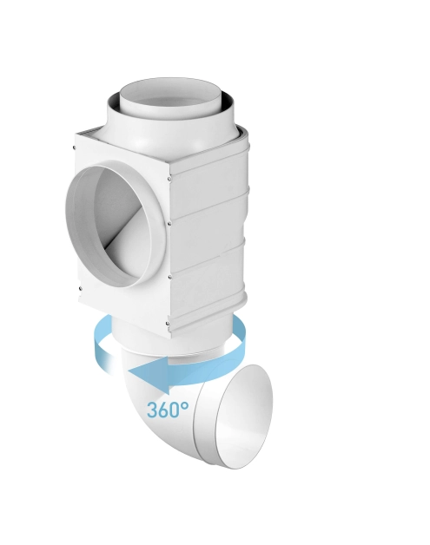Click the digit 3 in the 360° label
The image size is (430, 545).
coord(152,410)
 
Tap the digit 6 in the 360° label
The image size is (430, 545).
coord(164,410)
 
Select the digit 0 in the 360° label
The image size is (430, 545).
coord(175,410)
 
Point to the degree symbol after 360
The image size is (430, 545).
coord(185,405)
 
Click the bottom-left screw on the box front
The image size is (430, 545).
coord(81,288)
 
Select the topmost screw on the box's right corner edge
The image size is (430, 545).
coord(169,179)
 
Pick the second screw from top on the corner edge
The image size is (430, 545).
coord(169,224)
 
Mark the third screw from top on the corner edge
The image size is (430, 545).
coord(169,277)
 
